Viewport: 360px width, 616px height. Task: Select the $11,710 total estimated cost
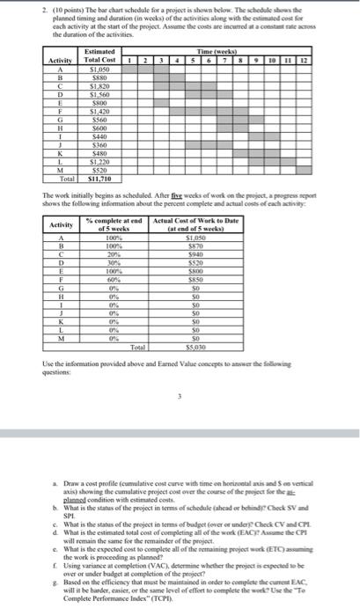pos(88,178)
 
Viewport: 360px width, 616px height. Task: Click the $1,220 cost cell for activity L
pos(88,163)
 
